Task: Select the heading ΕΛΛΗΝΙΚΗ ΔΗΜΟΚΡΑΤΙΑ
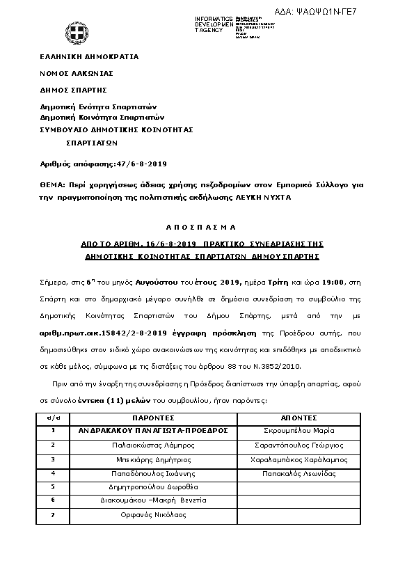point(89,56)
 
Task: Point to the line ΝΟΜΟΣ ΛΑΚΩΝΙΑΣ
point(77,73)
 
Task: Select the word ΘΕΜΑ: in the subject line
point(52,184)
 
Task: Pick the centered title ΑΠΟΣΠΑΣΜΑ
point(201,228)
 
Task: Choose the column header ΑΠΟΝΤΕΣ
point(299,418)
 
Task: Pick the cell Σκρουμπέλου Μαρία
point(299,431)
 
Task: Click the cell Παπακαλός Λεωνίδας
point(299,473)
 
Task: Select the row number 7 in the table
point(53,515)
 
